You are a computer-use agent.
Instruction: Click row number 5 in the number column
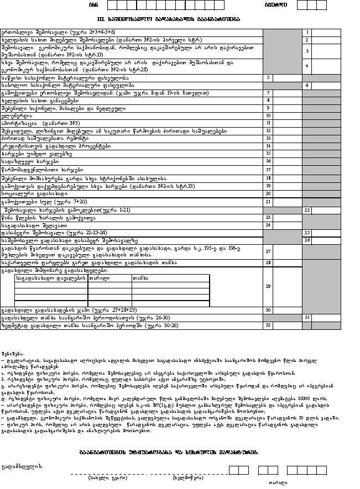[268, 78]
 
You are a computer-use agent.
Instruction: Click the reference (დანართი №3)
[64, 123]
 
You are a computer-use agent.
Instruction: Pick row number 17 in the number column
[268, 170]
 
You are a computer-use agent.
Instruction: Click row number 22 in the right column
[307, 211]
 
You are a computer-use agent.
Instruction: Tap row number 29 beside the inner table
[268, 286]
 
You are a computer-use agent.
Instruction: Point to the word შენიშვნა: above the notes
[12, 353]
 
